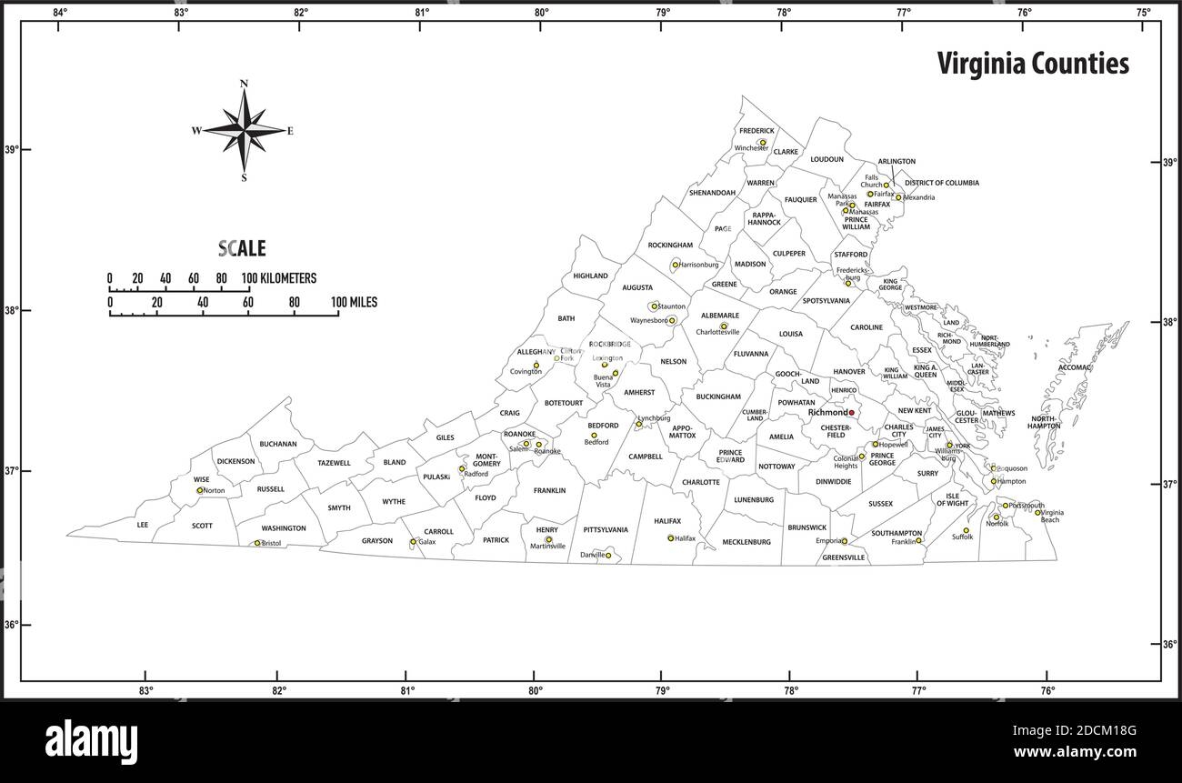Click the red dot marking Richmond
(852, 413)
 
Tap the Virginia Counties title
(1033, 64)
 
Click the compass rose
(244, 130)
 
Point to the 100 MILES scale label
(354, 302)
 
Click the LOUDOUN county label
(826, 159)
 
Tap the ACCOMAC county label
(1074, 368)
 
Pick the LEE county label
(142, 525)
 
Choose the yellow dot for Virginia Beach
(1037, 512)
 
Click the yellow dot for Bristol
(257, 543)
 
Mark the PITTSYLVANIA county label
(606, 529)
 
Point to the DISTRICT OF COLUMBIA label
(942, 183)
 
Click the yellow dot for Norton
(200, 490)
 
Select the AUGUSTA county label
(637, 287)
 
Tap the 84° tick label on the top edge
(59, 12)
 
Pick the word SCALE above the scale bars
(242, 248)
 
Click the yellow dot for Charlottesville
(724, 326)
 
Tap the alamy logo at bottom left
(91, 738)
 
